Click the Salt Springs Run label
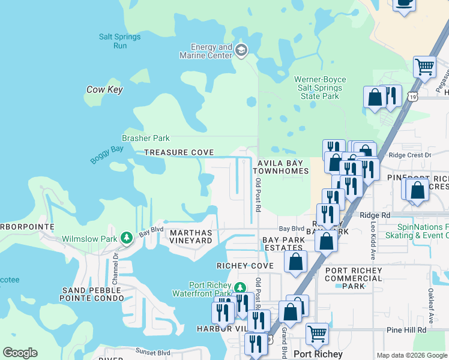click(120, 41)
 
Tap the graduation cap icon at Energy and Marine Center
click(241, 49)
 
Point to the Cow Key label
click(104, 89)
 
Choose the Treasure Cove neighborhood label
click(179, 153)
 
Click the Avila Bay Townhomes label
click(283, 167)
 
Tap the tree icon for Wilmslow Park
click(127, 238)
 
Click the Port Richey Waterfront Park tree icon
click(240, 289)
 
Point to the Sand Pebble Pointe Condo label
click(92, 294)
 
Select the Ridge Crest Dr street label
click(410, 155)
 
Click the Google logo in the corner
click(20, 353)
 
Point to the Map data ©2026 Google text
click(411, 355)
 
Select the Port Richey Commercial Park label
click(354, 278)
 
